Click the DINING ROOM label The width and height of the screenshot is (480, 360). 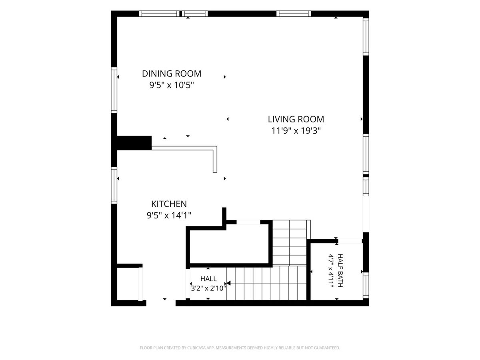tap(172, 74)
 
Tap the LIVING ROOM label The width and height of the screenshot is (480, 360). tap(296, 119)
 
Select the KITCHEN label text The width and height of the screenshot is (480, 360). tap(169, 204)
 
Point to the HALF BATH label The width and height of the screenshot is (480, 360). tap(340, 271)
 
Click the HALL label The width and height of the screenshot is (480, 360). tap(208, 279)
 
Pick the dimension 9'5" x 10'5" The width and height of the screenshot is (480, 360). tap(172, 85)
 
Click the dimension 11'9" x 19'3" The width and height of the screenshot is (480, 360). tap(296, 131)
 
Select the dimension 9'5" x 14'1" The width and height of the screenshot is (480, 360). tap(169, 216)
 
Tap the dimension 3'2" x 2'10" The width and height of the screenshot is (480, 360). tap(208, 288)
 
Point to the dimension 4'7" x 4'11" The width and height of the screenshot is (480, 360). tap(331, 271)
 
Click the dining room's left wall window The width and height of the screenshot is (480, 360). tap(114, 90)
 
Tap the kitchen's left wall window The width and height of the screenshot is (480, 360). tap(114, 186)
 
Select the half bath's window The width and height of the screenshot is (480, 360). tap(366, 285)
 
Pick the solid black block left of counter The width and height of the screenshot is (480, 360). tap(134, 143)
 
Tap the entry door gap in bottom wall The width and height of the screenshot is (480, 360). tap(161, 303)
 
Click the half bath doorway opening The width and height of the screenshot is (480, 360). tap(350, 241)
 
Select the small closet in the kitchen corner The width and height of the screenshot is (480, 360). tap(128, 284)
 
